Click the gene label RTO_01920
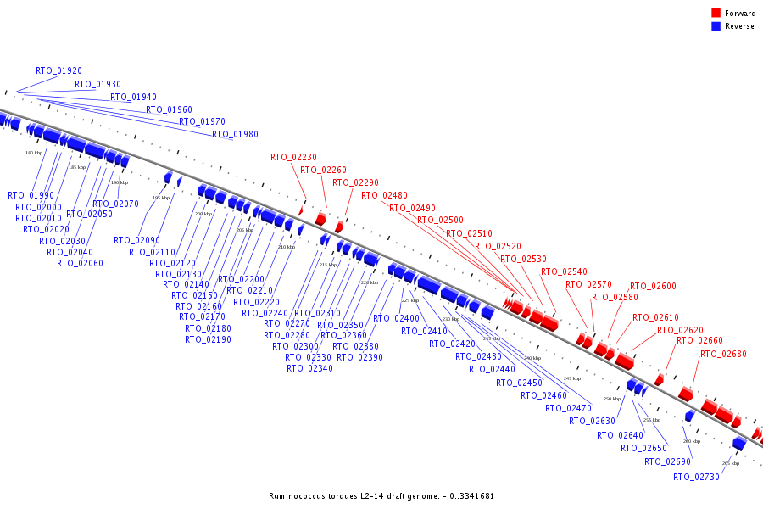click(58, 71)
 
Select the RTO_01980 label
click(235, 135)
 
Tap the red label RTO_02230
click(293, 157)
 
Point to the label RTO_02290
click(355, 183)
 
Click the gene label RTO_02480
click(384, 196)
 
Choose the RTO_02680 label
click(723, 355)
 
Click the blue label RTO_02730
click(696, 478)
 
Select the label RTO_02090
click(136, 241)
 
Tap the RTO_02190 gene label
click(208, 340)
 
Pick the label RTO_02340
click(309, 369)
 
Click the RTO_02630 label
click(592, 422)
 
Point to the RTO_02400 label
click(396, 319)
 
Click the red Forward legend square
click(716, 14)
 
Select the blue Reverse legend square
click(716, 26)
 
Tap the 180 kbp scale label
click(33, 154)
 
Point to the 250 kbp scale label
click(611, 399)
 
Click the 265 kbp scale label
click(730, 463)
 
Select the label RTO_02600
click(653, 287)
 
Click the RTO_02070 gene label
click(115, 204)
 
